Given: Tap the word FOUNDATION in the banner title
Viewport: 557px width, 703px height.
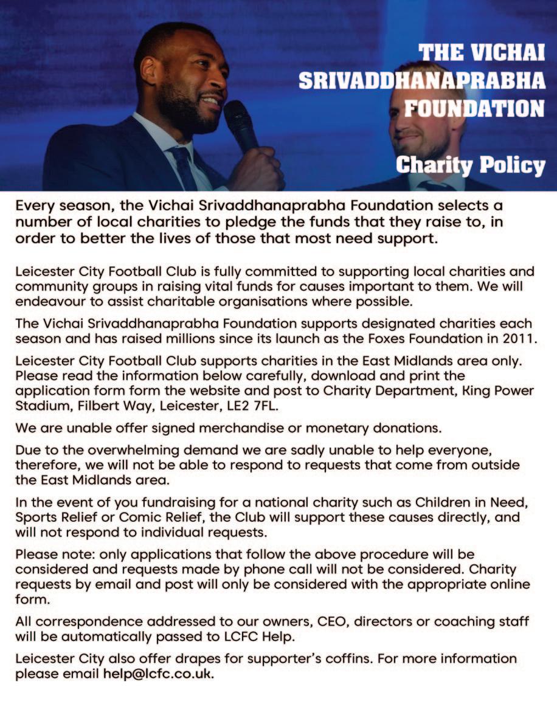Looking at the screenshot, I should [475, 109].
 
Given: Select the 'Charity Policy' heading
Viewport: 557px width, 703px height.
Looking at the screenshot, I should [470, 164].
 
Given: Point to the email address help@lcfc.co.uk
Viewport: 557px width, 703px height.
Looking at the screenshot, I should [158, 674].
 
